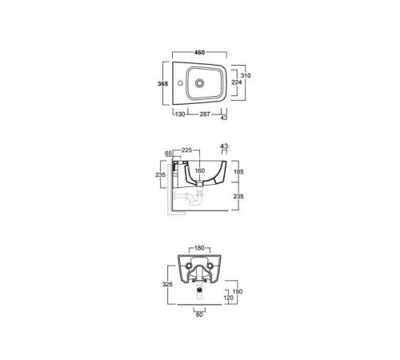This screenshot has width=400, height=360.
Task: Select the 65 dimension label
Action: point(170,152)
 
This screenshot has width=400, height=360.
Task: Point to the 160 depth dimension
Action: point(199,172)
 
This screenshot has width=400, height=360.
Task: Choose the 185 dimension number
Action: point(238,172)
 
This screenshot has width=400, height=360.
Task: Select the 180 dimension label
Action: point(199,249)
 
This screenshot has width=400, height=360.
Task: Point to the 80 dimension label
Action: point(198,314)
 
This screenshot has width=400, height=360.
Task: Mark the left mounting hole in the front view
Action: point(187,267)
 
